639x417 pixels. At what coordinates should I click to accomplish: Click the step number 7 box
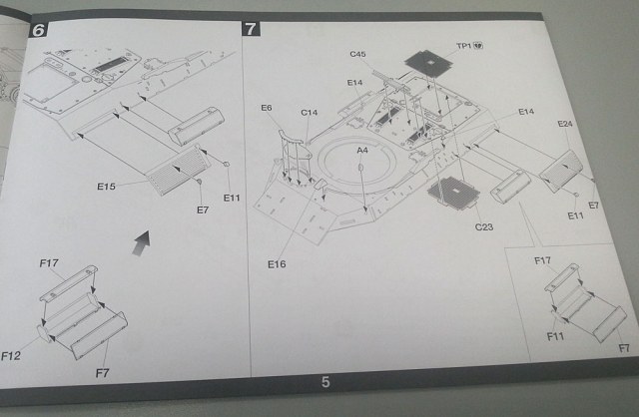[x=250, y=28]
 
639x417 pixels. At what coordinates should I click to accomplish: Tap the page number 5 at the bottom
[x=325, y=381]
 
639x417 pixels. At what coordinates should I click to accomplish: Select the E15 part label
[x=107, y=187]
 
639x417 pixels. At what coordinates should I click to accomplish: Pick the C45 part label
[x=359, y=53]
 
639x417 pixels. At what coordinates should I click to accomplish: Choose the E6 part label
[x=266, y=108]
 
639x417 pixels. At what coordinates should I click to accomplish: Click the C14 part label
[x=310, y=114]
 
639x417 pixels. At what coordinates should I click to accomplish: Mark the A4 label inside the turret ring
[x=362, y=150]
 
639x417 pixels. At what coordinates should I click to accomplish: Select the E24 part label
[x=565, y=126]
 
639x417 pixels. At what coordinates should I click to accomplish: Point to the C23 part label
[x=485, y=227]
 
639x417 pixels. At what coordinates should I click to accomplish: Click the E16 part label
[x=278, y=263]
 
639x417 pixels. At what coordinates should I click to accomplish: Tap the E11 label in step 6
[x=233, y=198]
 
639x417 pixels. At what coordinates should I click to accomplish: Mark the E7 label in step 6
[x=203, y=210]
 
